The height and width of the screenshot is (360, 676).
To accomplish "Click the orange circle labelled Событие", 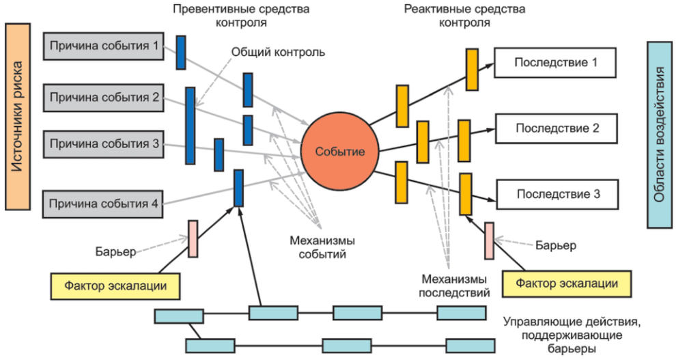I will (x=339, y=150).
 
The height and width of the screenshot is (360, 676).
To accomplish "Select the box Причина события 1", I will (x=104, y=46).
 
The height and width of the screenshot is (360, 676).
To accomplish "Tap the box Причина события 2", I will (x=104, y=98).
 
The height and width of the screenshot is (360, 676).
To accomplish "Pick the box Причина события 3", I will (x=104, y=144).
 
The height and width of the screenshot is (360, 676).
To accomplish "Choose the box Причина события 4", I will (x=104, y=204).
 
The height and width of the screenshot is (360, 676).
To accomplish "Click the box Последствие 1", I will (x=556, y=62).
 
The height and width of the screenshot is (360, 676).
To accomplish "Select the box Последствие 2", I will (x=556, y=128).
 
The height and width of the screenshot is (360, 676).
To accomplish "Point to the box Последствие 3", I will (x=556, y=194).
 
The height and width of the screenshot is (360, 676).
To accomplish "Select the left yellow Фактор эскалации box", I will (x=116, y=286).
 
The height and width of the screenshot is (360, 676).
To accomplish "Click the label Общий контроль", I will (x=278, y=52).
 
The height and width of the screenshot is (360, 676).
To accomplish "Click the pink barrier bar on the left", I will (x=193, y=238).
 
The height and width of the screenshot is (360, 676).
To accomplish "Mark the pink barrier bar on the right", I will (x=489, y=240).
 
